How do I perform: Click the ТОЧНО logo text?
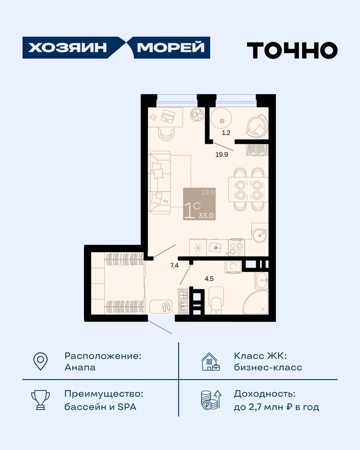pyautogui.click(x=292, y=50)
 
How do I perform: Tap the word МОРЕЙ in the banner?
pyautogui.click(x=171, y=47)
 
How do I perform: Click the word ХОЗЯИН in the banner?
pyautogui.click(x=67, y=47)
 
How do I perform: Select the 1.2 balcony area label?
pyautogui.click(x=226, y=133)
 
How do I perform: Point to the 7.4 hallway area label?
pyautogui.click(x=174, y=265)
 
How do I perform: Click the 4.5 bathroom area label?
pyautogui.click(x=209, y=279)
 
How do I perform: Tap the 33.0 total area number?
pyautogui.click(x=206, y=216)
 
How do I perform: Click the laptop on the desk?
pyautogui.click(x=168, y=116)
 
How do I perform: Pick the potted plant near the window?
pyautogui.click(x=197, y=115)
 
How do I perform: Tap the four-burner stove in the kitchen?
pyautogui.click(x=237, y=247)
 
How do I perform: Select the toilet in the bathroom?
pyautogui.click(x=216, y=300)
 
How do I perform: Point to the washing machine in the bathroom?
pyautogui.click(x=233, y=267)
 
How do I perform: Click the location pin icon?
pyautogui.click(x=40, y=361)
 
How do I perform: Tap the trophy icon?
pyautogui.click(x=40, y=400)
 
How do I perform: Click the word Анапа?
pyautogui.click(x=80, y=367)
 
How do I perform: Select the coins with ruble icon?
pyautogui.click(x=211, y=400)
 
